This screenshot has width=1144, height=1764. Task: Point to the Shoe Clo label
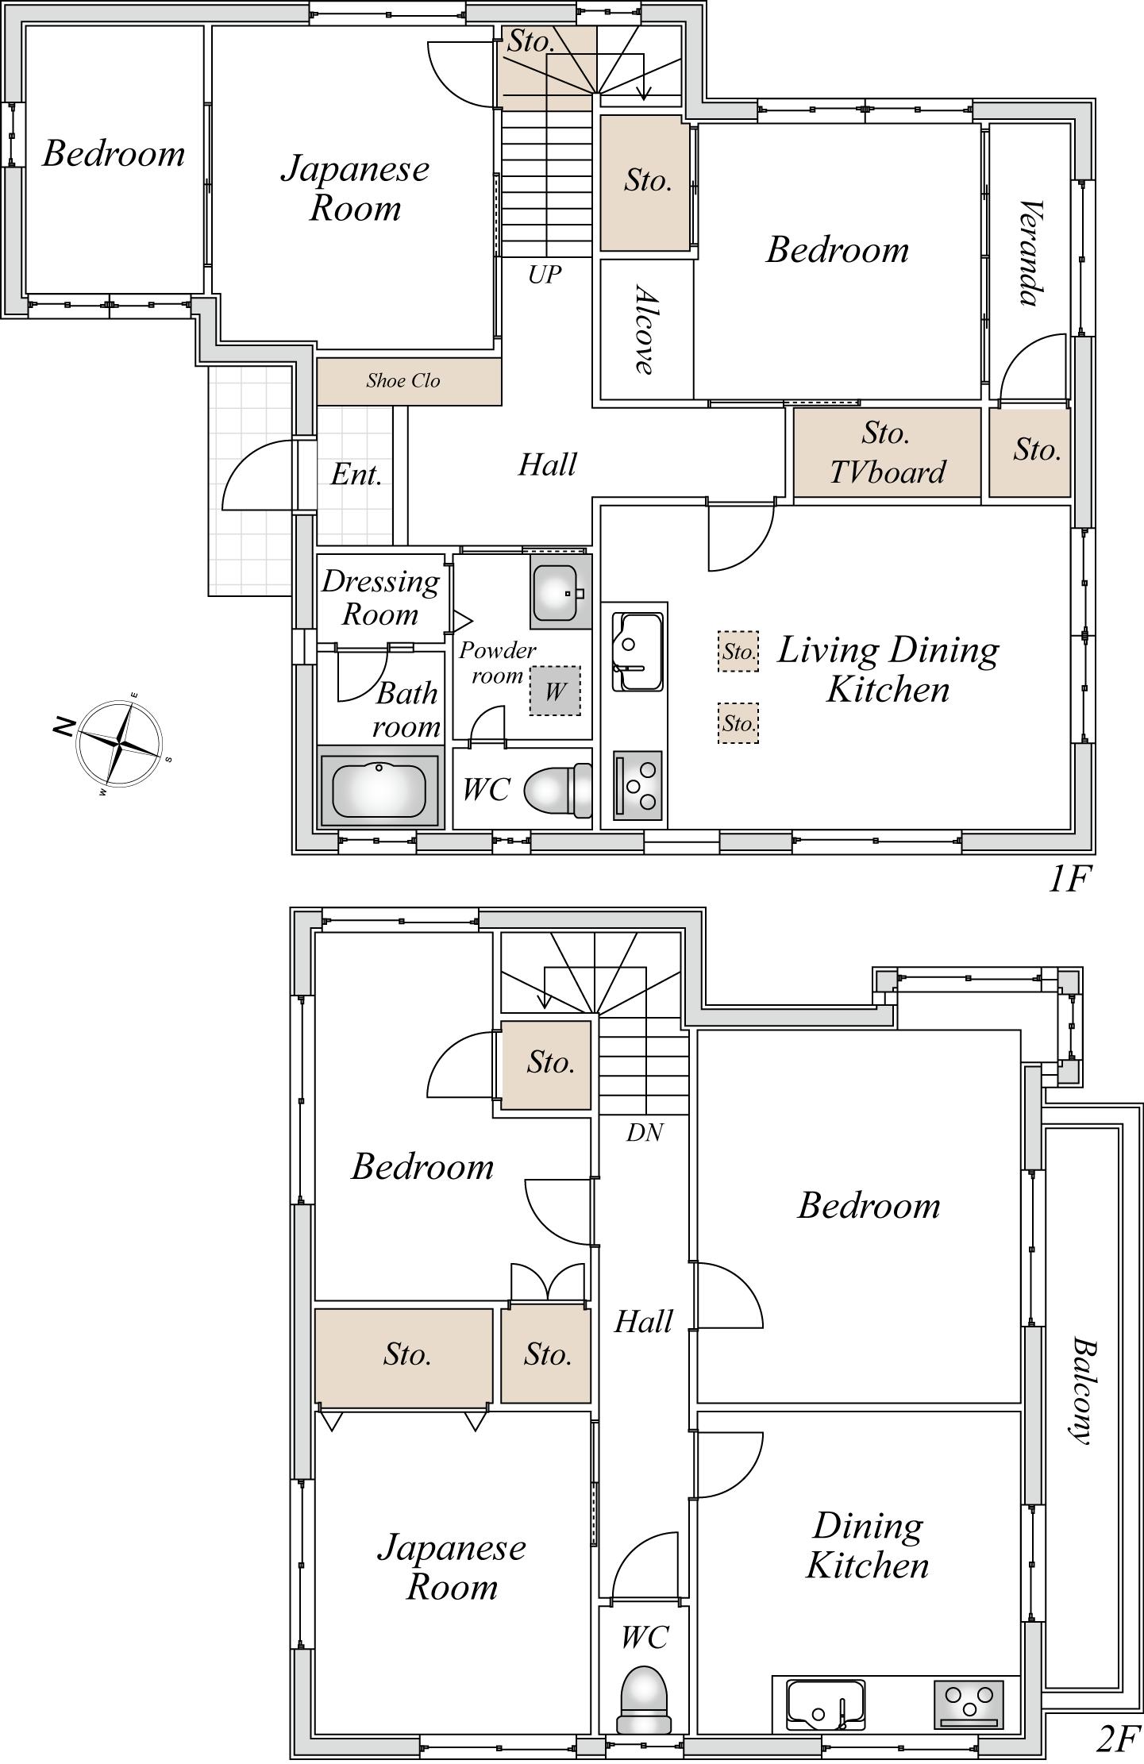[x=403, y=380]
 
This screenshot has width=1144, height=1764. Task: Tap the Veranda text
[x=1030, y=253]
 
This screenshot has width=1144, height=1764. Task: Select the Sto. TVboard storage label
[x=887, y=453]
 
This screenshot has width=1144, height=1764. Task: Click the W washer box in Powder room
[x=555, y=690]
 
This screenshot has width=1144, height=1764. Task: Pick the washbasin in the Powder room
[x=561, y=591]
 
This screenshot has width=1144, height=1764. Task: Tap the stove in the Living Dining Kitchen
[x=637, y=786]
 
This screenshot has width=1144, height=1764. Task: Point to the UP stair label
[x=545, y=275]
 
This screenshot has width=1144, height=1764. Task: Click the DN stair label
[x=644, y=1132]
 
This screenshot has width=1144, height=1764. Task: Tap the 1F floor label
[x=1070, y=879]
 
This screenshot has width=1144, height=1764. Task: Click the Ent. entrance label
[x=356, y=474]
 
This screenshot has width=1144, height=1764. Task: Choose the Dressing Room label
[x=380, y=597]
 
